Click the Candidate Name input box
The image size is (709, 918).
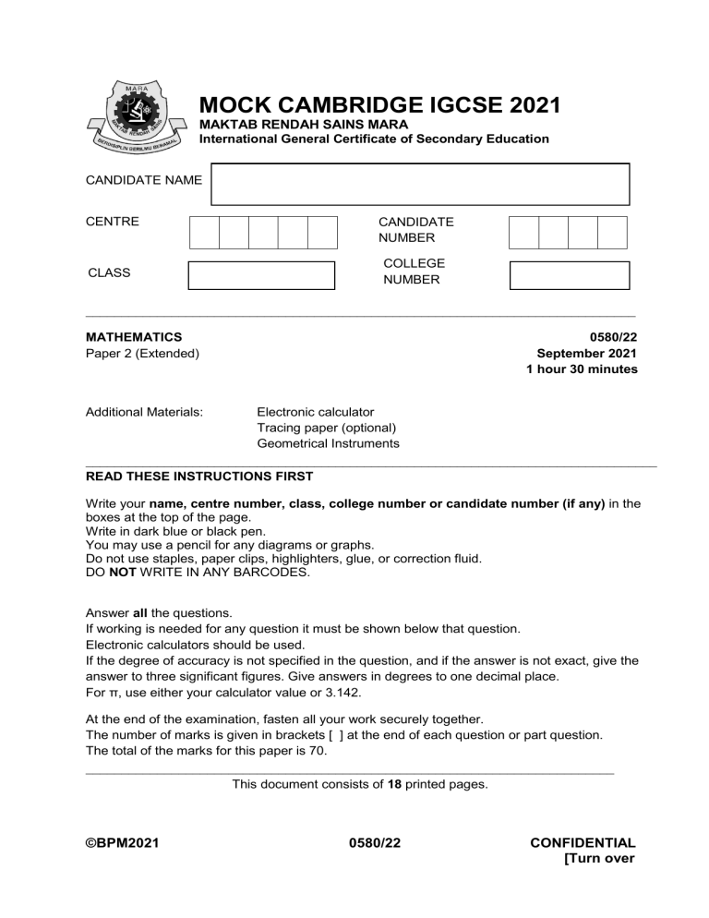pos(420,184)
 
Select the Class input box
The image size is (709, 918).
pos(261,275)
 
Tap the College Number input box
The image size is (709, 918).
pos(569,275)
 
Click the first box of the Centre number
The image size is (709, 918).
pos(204,233)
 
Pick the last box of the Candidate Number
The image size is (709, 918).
pos(612,233)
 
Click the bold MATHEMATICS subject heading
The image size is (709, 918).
pos(133,337)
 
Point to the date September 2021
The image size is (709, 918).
pos(586,353)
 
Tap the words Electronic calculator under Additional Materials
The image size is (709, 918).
pos(316,412)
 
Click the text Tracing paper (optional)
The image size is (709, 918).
pos(327,428)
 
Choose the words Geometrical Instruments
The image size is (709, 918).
pos(329,443)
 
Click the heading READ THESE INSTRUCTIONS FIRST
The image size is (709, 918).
pos(198,477)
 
